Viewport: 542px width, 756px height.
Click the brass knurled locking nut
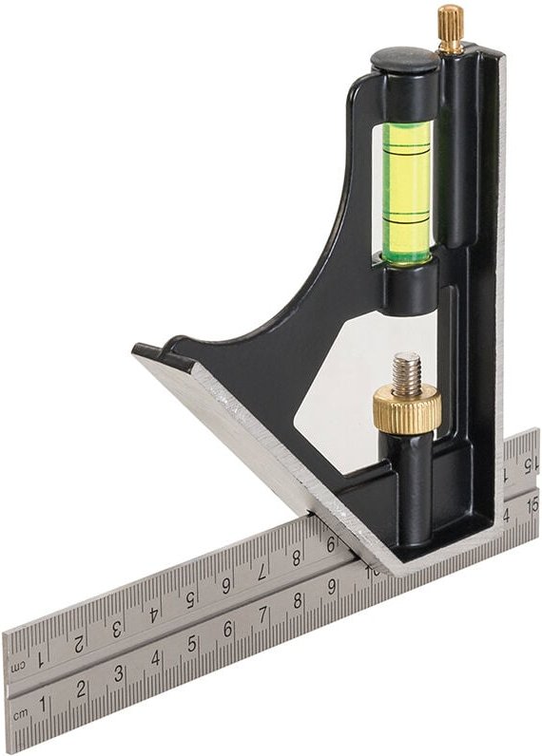point(406,409)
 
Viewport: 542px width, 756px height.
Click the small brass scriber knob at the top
point(450,28)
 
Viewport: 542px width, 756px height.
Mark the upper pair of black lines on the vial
point(407,152)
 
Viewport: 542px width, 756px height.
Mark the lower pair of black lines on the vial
point(407,221)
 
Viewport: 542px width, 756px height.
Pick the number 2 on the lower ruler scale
point(82,690)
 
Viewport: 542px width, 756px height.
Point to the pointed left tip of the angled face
point(135,352)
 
